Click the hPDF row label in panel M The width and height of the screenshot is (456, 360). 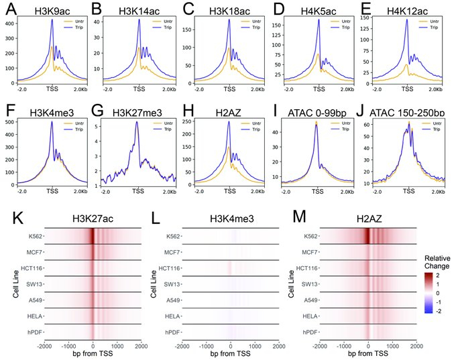308,331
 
